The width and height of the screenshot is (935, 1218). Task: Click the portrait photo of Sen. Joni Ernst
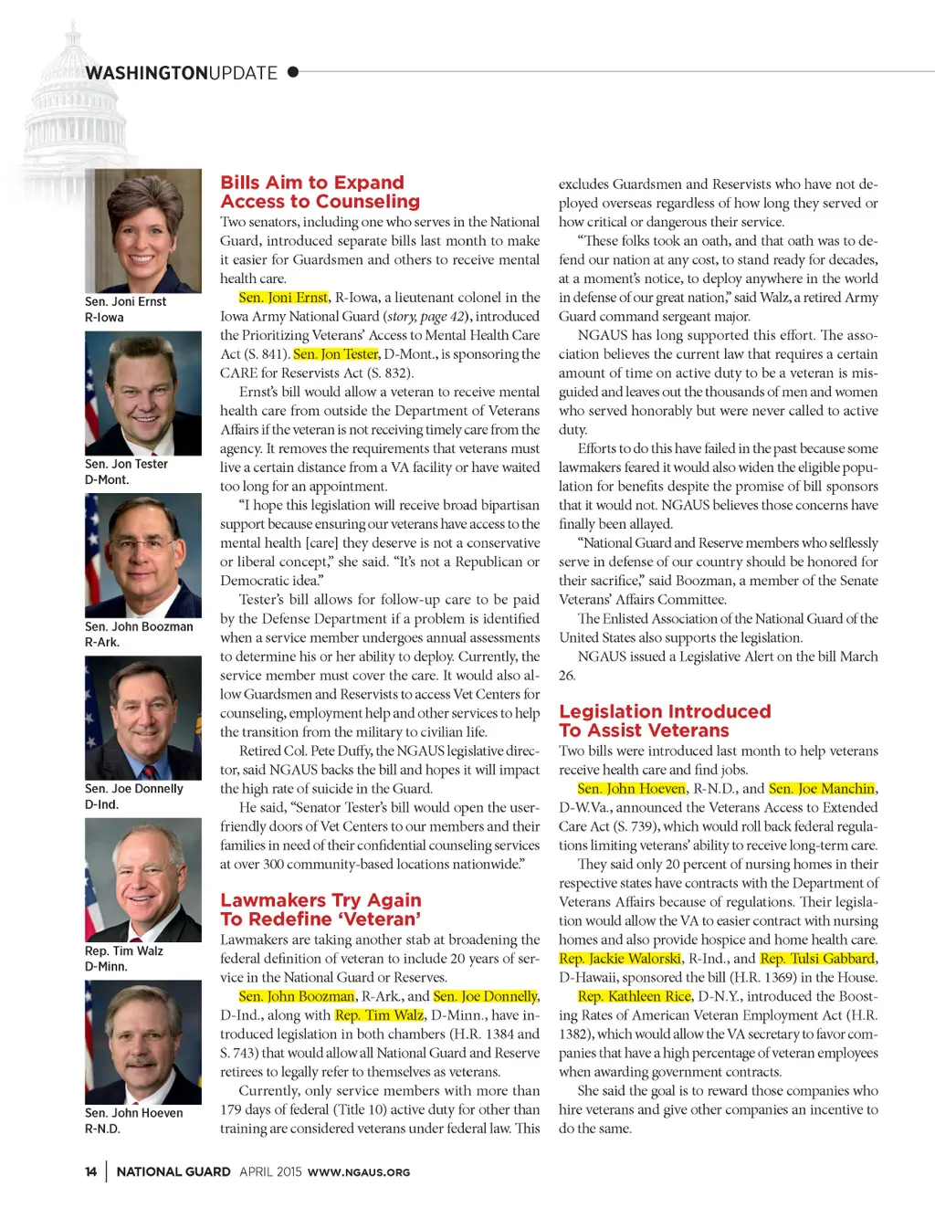coord(143,230)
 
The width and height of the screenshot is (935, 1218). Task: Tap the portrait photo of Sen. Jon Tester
coord(143,393)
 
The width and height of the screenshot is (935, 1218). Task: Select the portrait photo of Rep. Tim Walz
coord(143,879)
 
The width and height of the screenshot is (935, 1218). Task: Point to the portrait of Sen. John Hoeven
coord(143,1042)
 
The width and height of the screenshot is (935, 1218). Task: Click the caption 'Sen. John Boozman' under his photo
coord(139,626)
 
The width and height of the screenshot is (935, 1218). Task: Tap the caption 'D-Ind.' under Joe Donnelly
coord(101,804)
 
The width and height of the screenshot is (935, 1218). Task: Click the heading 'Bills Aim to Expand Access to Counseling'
coord(320,192)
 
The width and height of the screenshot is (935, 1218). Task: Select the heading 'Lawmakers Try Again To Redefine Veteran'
coord(320,909)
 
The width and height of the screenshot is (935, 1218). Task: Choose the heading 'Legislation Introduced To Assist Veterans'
coord(665,720)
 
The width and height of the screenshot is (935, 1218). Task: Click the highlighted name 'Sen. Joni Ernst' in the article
coord(283,298)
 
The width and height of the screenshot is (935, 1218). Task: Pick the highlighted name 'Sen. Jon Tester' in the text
coord(335,354)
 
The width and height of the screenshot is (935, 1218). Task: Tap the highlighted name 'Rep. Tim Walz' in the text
coord(379,1015)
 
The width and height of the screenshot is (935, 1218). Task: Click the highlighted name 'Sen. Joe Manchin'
coord(822,789)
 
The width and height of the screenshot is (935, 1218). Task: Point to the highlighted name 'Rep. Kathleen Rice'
coord(635,996)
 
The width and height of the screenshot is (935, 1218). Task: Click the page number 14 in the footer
coord(90,1171)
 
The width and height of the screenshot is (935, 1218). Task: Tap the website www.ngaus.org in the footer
coord(359,1172)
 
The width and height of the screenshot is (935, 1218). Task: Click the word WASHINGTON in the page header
coord(146,73)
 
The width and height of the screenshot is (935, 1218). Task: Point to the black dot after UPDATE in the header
coord(293,71)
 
